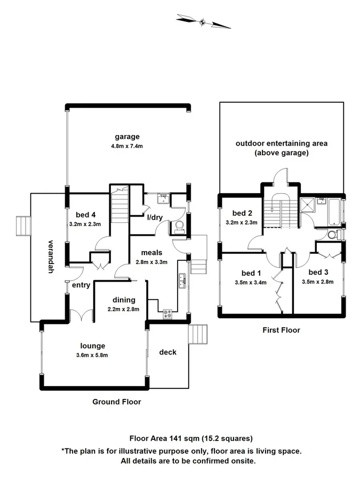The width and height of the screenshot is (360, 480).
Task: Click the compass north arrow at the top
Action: point(203,22)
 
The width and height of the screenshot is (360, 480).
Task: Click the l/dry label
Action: point(155,217)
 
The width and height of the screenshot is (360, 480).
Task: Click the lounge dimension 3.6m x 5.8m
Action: point(93,355)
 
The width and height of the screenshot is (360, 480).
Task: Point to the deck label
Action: point(168,352)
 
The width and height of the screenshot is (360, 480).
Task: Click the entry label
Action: point(81,285)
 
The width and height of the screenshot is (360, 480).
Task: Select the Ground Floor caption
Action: point(117,402)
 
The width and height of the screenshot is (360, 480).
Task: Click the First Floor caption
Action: point(281,330)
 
